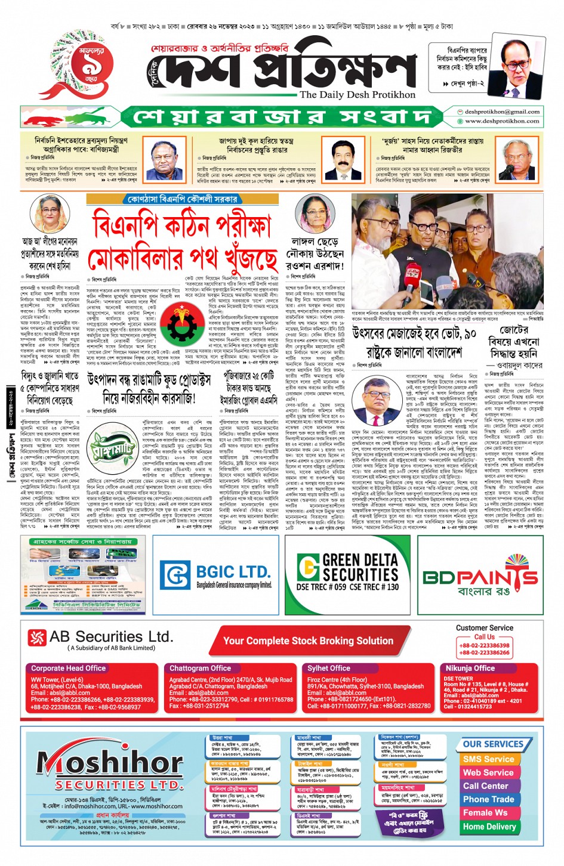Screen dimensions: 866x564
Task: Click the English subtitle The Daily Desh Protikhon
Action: point(357,94)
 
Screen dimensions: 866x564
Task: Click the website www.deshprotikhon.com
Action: point(502,121)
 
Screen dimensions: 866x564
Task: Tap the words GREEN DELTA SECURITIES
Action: point(360,567)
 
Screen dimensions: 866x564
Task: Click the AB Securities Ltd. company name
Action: point(111,637)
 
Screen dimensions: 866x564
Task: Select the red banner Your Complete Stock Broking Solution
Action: point(308,641)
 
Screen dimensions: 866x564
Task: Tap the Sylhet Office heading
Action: point(329,668)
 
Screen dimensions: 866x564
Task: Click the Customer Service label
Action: point(484,627)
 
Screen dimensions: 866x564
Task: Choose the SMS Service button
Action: point(488,759)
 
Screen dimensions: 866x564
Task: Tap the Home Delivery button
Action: point(489,827)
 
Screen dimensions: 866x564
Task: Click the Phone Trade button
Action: point(488,799)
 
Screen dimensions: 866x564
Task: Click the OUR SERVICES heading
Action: point(493,744)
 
